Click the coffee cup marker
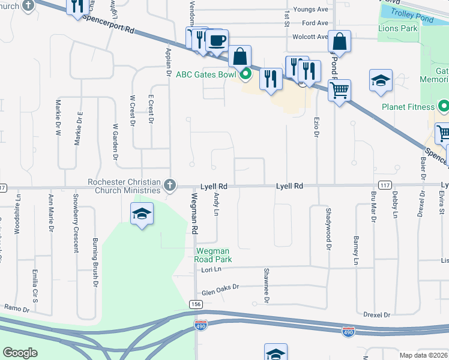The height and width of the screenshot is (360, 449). click(x=217, y=41)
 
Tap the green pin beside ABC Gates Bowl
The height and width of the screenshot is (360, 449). click(x=246, y=75)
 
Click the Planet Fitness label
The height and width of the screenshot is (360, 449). click(x=408, y=107)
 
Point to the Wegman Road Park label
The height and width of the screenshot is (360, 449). click(x=213, y=255)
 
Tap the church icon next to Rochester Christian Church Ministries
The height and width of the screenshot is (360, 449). click(x=170, y=185)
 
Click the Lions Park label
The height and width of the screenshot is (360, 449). click(x=398, y=28)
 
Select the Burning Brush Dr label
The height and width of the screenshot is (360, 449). click(x=95, y=253)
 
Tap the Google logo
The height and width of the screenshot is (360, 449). click(x=20, y=353)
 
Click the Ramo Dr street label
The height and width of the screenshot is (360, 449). click(x=16, y=308)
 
